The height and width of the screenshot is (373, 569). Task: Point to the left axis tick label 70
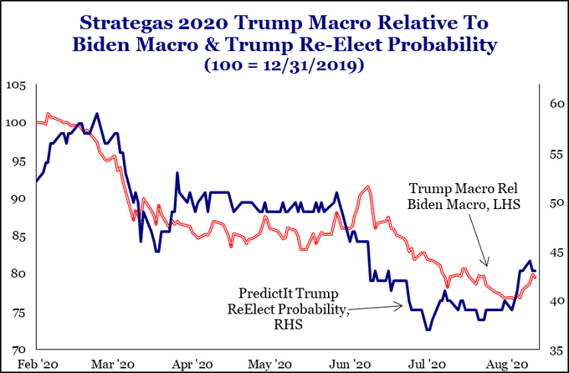tap(18, 349)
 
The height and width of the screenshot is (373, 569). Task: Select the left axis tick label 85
tap(18, 237)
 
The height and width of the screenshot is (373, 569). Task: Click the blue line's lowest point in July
tap(428, 330)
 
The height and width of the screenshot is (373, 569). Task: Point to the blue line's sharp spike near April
tap(177, 173)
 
